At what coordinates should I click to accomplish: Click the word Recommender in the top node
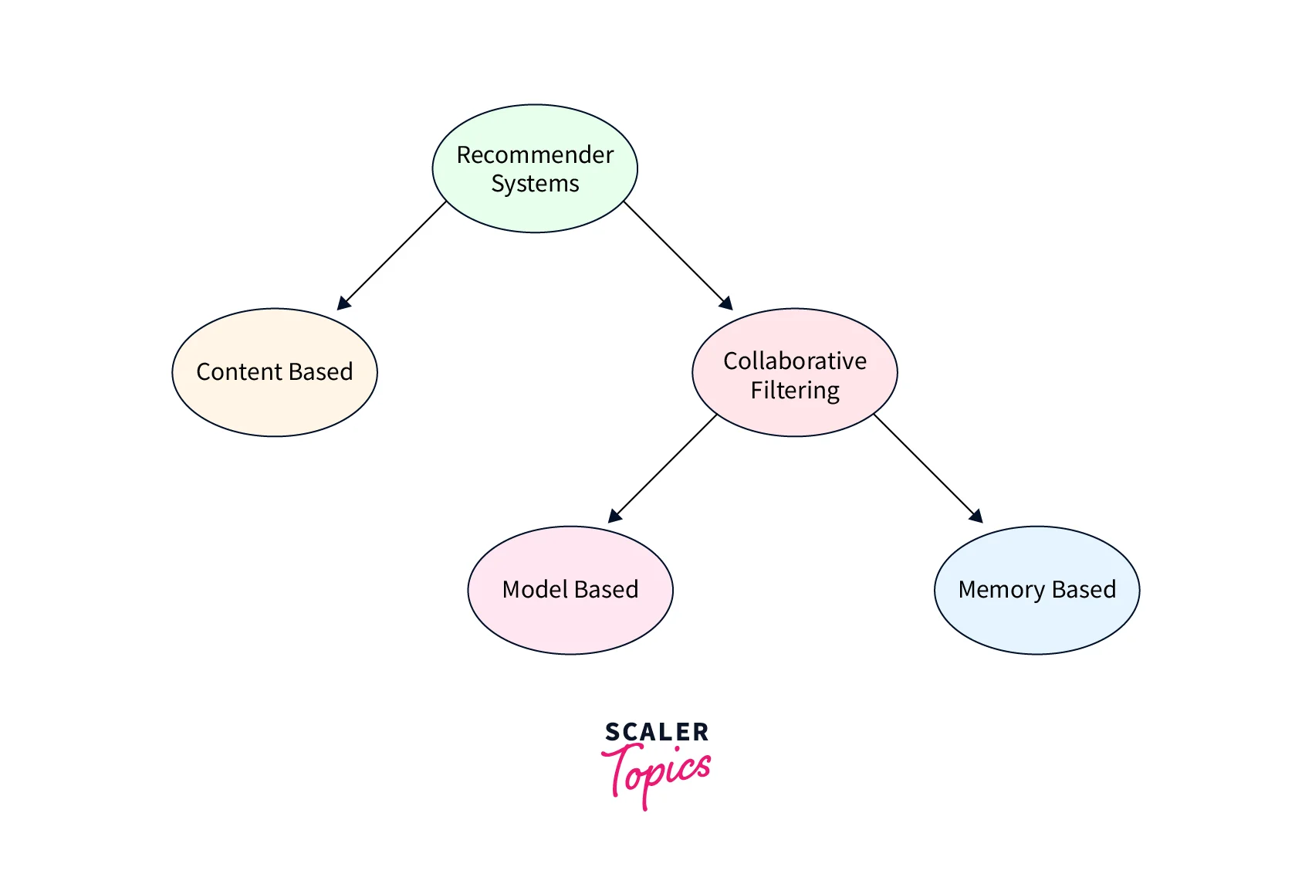(x=535, y=155)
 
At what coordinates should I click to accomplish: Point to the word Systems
(x=535, y=184)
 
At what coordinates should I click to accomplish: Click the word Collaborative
(x=795, y=361)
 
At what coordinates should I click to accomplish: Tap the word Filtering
(x=795, y=390)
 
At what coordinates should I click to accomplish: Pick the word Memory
(x=1002, y=590)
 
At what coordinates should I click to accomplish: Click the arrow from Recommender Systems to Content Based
(x=392, y=256)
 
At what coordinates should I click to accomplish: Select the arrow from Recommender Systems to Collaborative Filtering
(x=676, y=255)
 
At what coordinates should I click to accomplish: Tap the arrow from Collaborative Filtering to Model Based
(x=664, y=468)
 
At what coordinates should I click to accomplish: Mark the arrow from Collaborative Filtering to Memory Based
(x=926, y=467)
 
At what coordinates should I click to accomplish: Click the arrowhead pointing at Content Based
(x=343, y=303)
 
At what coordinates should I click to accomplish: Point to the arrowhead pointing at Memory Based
(x=976, y=517)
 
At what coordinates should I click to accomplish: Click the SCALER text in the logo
(x=657, y=732)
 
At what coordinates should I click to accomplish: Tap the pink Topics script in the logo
(x=658, y=772)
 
